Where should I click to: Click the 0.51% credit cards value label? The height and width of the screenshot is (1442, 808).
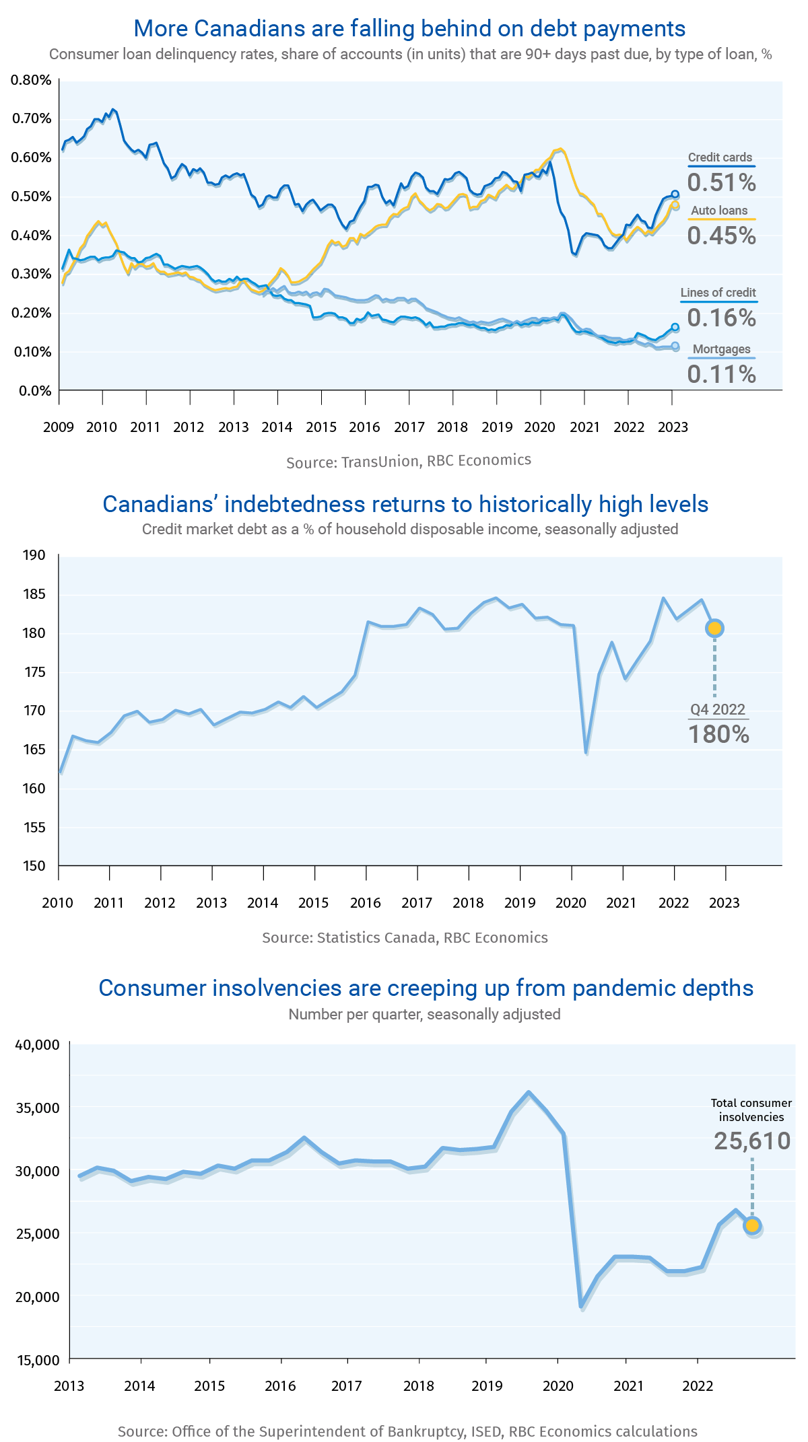(721, 182)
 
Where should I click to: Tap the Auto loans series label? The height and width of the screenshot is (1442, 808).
(719, 211)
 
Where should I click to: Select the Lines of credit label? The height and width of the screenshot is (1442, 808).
(718, 293)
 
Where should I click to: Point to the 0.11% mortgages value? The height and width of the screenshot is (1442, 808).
(721, 374)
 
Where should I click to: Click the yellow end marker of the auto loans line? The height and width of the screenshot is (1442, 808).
(675, 205)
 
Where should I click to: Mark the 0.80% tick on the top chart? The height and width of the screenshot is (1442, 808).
(32, 80)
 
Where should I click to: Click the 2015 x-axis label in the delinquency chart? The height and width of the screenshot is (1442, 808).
(321, 427)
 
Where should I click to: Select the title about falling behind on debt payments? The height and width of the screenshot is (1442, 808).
(409, 28)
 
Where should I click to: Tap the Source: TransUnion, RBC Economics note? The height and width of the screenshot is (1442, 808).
(409, 461)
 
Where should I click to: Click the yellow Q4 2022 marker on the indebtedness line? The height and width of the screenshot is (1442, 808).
(714, 628)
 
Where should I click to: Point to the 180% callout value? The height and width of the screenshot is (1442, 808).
(718, 734)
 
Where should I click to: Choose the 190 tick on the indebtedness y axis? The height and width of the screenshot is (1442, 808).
(34, 555)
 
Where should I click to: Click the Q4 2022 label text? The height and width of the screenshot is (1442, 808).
(718, 709)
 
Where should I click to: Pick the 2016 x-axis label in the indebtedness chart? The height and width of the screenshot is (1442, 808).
(365, 903)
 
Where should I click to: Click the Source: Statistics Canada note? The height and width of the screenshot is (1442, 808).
(405, 937)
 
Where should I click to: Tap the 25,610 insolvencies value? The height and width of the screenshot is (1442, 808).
(752, 1141)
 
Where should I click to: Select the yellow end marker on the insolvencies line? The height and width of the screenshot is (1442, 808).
(752, 1225)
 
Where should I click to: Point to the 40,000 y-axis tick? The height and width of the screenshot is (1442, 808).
(38, 1044)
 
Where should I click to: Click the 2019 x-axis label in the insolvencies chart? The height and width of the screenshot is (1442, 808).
(487, 1385)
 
